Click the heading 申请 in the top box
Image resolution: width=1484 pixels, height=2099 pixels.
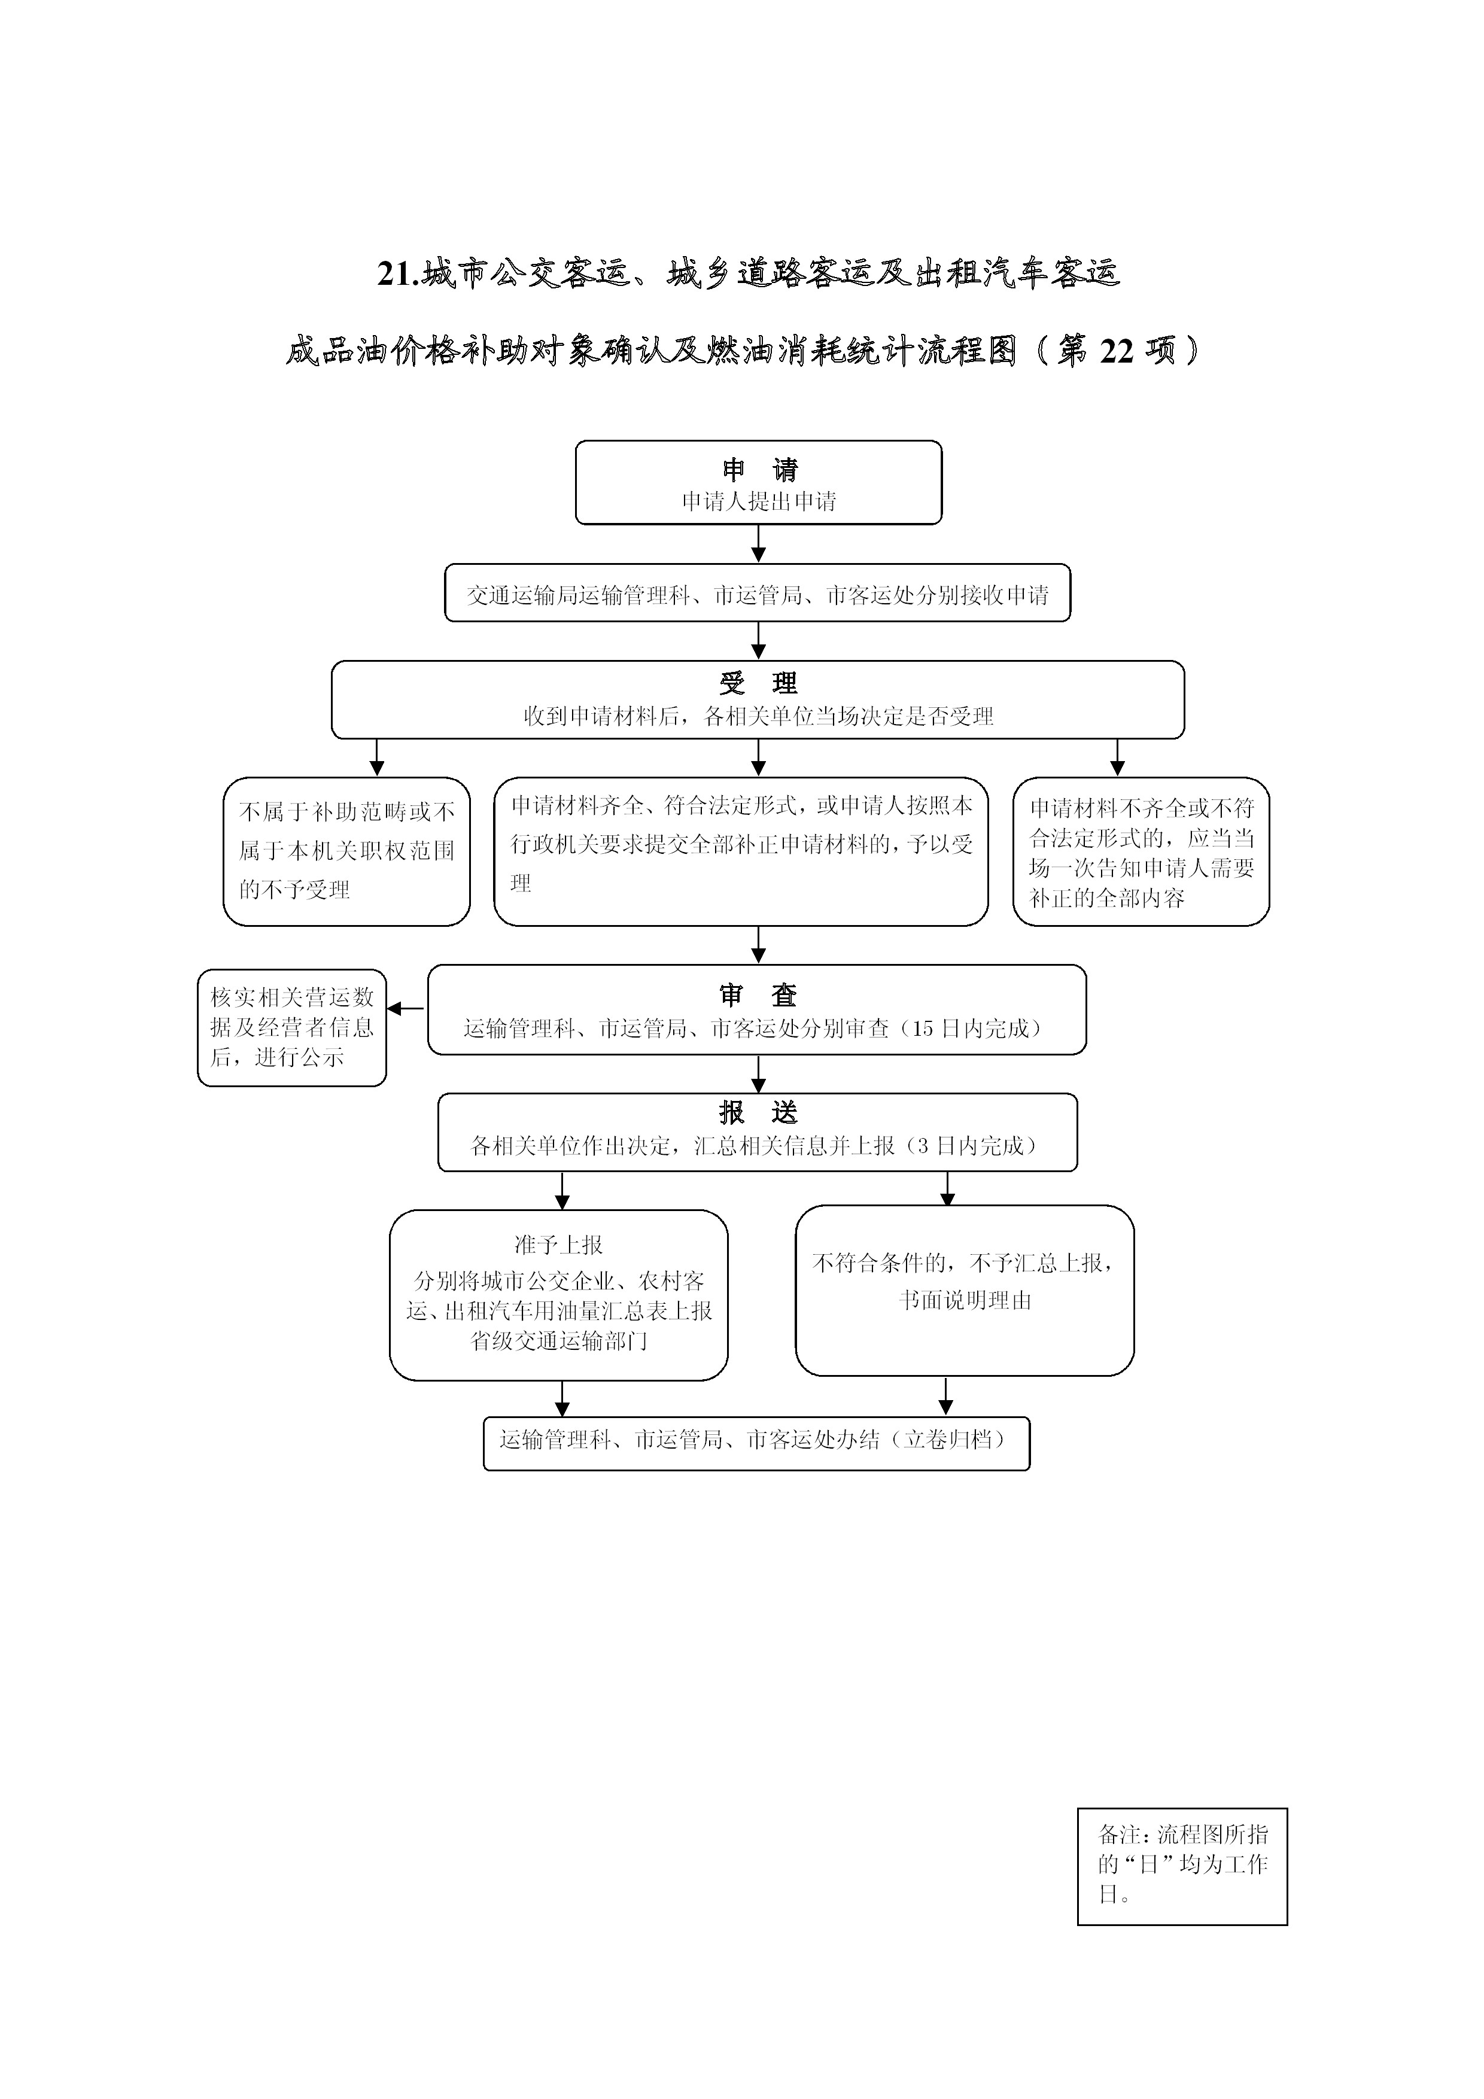[x=759, y=470]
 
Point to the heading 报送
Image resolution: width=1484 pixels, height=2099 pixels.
[x=758, y=1112]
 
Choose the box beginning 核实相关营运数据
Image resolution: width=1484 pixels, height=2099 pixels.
[x=291, y=1027]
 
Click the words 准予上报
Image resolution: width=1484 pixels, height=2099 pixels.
[x=559, y=1244]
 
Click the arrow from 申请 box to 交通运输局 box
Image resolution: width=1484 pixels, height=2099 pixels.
[x=758, y=544]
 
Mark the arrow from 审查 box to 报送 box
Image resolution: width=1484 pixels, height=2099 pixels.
[x=758, y=1074]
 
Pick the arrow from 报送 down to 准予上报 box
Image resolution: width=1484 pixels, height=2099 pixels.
[x=562, y=1190]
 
